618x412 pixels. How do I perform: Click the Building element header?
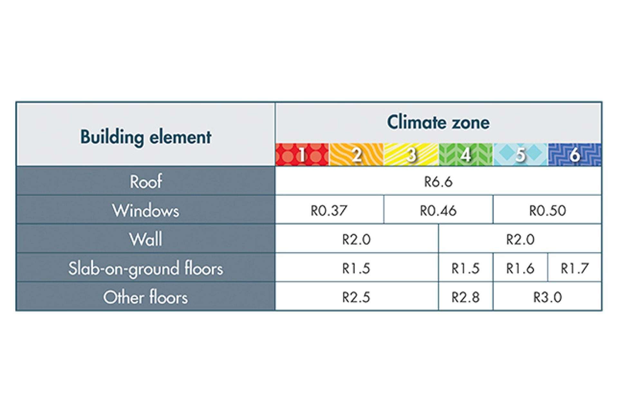coord(146,137)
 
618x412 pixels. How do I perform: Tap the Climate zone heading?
coord(438,122)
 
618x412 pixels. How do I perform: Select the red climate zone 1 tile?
coord(302,154)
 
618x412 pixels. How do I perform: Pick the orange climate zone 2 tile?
coord(357,154)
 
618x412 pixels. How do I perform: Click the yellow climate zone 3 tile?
coord(411,154)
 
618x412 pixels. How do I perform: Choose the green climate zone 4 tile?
coord(466,154)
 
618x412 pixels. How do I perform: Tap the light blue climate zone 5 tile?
coord(520,154)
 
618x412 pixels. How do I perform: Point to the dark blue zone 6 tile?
coord(575,154)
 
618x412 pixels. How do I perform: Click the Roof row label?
coord(146,182)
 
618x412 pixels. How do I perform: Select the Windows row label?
coord(146,211)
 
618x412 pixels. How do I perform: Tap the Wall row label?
coord(146,239)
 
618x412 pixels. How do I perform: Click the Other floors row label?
coord(146,297)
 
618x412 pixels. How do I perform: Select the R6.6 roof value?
coord(438,182)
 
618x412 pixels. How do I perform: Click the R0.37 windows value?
coord(329,211)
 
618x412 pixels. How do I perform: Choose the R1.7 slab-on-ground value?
coord(575,268)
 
